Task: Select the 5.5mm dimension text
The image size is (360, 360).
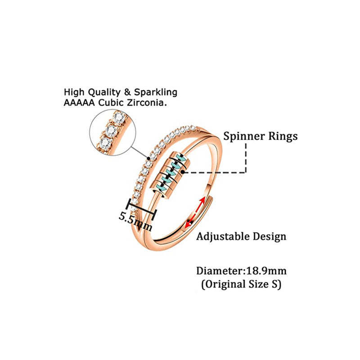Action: point(135,218)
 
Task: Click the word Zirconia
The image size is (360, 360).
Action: point(148,103)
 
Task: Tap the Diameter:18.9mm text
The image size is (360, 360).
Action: point(241,271)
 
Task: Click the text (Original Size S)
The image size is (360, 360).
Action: point(241,285)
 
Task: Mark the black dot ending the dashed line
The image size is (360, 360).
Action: point(182,172)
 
